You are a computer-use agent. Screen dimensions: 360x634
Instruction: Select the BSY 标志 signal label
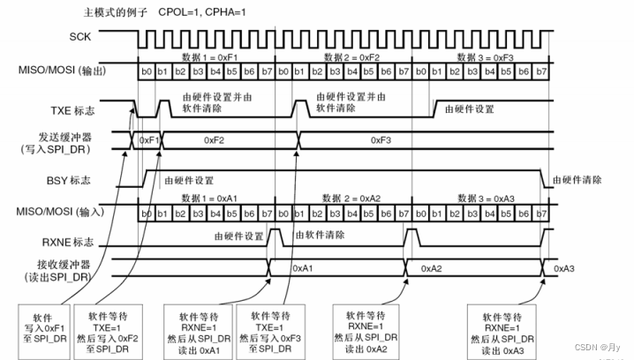[93, 180]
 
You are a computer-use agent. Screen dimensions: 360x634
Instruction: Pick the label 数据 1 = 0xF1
[205, 56]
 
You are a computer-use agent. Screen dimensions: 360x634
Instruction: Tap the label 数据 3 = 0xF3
[480, 56]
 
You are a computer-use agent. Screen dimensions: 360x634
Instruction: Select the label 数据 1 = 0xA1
[206, 199]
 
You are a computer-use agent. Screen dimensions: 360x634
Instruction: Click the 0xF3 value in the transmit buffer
[382, 140]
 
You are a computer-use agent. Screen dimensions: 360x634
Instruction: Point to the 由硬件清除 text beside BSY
[578, 180]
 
